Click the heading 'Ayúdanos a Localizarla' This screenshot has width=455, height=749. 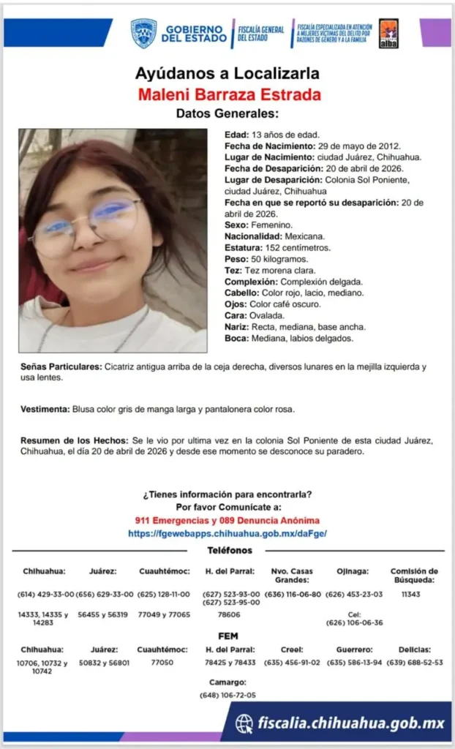click(227, 74)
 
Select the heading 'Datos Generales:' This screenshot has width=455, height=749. click(227, 113)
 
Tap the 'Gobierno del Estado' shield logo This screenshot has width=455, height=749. click(143, 34)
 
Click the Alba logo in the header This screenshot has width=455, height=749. click(388, 34)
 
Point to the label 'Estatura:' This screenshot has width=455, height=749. click(244, 248)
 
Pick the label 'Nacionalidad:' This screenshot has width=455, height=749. click(253, 237)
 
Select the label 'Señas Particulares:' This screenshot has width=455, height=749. click(59, 366)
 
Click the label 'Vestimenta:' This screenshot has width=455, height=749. click(44, 410)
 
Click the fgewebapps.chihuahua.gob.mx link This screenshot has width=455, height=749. click(227, 534)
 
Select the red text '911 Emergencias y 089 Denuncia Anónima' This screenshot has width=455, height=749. click(227, 521)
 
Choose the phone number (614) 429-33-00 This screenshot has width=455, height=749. click(45, 594)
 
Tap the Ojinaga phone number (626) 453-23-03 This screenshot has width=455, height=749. click(354, 594)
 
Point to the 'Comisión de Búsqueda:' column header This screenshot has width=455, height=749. click(414, 576)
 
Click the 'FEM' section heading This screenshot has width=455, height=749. click(227, 636)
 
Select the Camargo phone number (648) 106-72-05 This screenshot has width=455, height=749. click(227, 695)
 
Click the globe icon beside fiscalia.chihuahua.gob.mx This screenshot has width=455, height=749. click(244, 723)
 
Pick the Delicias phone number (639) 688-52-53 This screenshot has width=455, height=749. click(415, 663)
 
